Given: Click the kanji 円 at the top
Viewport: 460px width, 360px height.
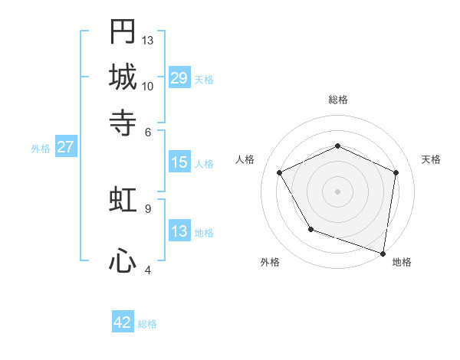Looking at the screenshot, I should [x=123, y=31].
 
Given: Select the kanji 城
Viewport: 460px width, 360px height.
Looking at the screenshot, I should [x=123, y=77].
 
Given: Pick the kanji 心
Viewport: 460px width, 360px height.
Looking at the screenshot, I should [x=123, y=261].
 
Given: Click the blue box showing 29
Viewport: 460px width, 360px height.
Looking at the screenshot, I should [x=179, y=78].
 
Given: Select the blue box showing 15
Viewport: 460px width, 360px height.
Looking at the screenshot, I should [x=179, y=162].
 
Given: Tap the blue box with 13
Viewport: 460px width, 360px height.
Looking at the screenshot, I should [x=179, y=231].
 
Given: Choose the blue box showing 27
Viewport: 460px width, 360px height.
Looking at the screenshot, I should [x=65, y=147].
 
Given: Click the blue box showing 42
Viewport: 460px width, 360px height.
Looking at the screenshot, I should [x=123, y=322].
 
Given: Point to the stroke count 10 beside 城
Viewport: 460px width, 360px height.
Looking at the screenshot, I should [x=148, y=86].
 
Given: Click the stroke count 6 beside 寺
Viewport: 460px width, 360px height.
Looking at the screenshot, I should [x=148, y=132].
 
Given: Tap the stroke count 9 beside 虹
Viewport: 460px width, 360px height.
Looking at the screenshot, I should [x=148, y=208].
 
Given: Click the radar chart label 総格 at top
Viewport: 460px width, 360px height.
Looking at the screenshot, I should [x=338, y=100].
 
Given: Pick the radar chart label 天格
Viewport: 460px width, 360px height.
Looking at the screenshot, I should [x=431, y=159].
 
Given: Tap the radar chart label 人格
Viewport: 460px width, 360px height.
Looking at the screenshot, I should [x=245, y=159].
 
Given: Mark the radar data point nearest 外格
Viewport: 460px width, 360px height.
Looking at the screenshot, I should [x=310, y=229].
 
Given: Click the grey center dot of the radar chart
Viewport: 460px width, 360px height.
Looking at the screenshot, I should [x=338, y=191].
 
